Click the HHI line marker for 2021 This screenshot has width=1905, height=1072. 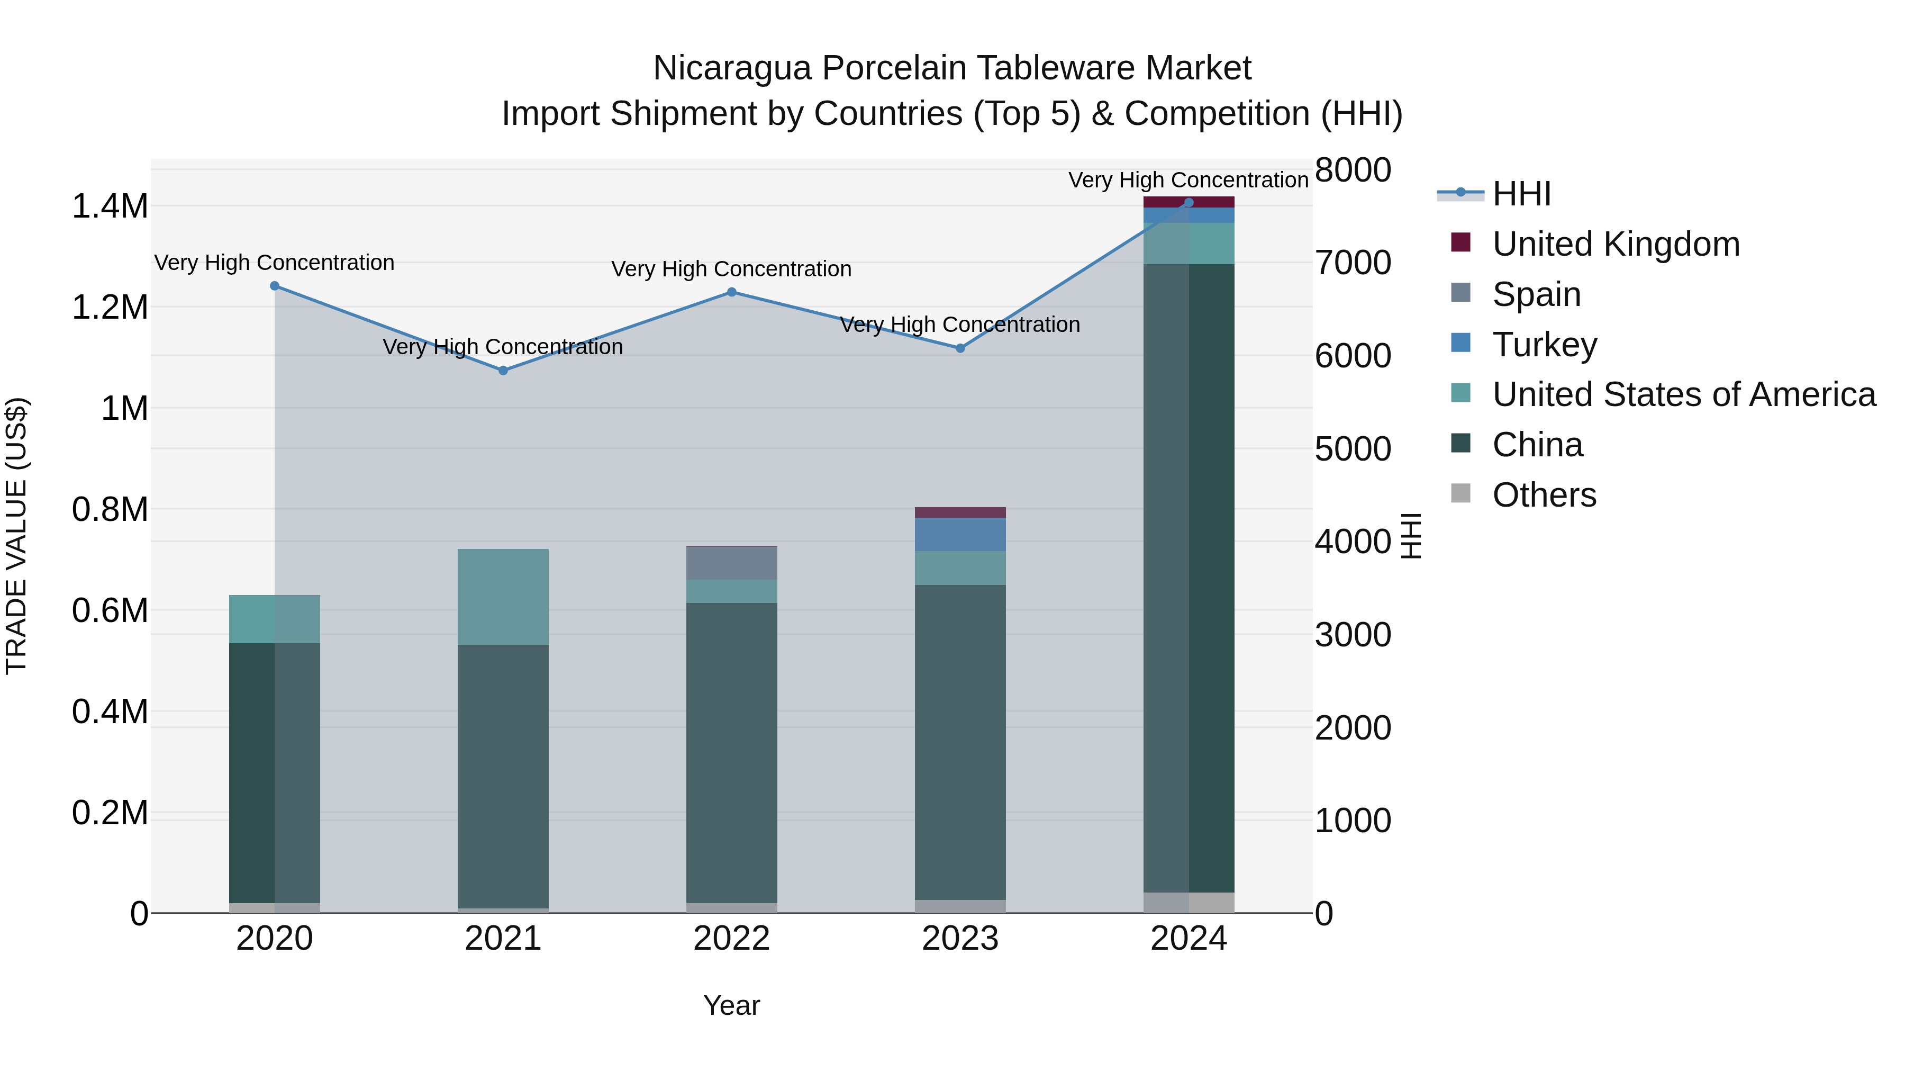point(503,370)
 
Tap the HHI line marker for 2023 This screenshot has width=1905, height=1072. point(960,348)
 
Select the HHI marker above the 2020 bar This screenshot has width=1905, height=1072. point(274,285)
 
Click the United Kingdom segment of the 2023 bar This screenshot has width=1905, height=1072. point(960,512)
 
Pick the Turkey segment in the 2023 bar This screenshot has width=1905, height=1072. point(960,534)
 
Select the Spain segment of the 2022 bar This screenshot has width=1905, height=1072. point(731,563)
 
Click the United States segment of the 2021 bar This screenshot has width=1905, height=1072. point(503,596)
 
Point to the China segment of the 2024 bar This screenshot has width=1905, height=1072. point(1189,577)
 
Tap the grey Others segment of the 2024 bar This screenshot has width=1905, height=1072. point(1189,902)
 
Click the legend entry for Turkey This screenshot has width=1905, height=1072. point(1544,345)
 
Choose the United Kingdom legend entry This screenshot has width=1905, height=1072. point(1616,244)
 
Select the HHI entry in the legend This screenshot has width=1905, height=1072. point(1521,194)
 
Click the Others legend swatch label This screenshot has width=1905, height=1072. point(1544,495)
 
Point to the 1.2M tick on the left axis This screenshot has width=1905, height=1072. point(110,307)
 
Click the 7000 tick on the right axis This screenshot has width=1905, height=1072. point(1353,263)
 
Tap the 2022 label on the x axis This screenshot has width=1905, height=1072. point(731,939)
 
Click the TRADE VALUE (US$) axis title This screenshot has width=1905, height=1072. point(16,536)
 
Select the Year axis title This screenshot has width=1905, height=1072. point(731,1005)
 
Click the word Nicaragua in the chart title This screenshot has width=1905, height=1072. point(732,68)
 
